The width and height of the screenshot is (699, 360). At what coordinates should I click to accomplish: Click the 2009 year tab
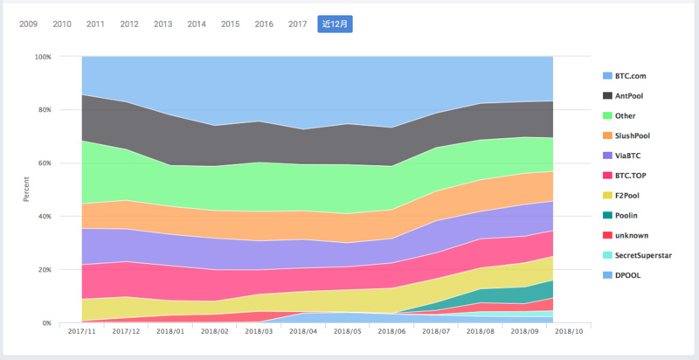tap(29, 24)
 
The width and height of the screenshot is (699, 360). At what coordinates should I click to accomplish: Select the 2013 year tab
tap(163, 24)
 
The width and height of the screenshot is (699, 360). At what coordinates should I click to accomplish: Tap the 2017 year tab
tap(297, 24)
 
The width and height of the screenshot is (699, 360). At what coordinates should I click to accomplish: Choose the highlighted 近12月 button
tap(335, 24)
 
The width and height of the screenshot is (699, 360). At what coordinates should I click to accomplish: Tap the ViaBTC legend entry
tap(627, 156)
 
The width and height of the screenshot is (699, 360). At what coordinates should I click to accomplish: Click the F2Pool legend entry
tap(627, 196)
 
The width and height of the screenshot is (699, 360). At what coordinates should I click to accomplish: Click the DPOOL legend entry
tap(626, 275)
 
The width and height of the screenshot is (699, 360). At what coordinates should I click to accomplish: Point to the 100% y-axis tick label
tap(42, 57)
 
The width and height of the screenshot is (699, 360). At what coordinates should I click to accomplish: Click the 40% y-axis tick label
tap(44, 217)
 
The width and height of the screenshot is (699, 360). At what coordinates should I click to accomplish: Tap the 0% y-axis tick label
tap(46, 323)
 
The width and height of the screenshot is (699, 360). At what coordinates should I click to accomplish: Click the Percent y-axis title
tap(25, 190)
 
